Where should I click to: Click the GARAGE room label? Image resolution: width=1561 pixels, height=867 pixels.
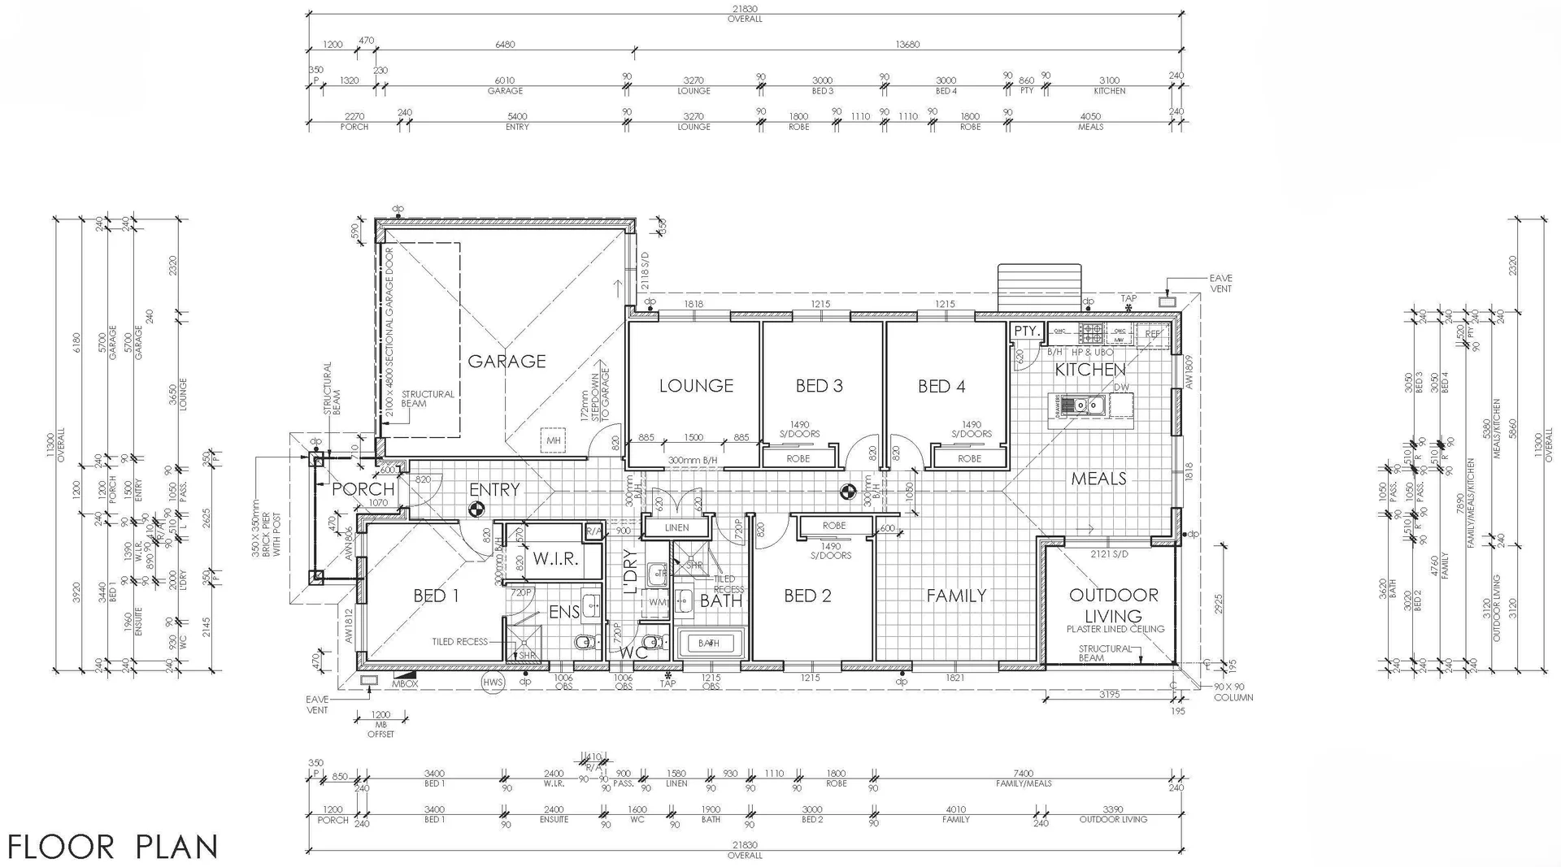coord(507,361)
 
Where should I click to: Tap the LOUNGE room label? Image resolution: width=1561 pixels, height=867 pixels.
coord(696,386)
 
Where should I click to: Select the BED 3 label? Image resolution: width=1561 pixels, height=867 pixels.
coord(819,386)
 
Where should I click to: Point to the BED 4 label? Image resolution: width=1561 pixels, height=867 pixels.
coord(941,386)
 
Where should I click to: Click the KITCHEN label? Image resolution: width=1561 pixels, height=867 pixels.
coord(1089,370)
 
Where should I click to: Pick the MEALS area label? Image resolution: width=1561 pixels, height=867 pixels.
coord(1098,479)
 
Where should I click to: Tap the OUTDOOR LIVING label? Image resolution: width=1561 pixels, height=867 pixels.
coord(1113,605)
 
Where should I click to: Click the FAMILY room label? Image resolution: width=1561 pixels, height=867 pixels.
coord(956,596)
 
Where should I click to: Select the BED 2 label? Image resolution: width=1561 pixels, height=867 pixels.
coord(807,596)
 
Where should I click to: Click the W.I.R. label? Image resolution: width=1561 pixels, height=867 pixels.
coord(555,559)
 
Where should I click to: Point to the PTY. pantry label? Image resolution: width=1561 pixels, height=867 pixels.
coord(1026,331)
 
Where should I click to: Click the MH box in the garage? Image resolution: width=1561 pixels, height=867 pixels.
coord(554,440)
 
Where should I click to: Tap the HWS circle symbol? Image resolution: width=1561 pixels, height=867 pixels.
coord(493,682)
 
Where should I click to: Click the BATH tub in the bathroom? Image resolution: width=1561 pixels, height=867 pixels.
coord(708,643)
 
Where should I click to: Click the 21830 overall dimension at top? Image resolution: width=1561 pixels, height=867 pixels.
coord(745,9)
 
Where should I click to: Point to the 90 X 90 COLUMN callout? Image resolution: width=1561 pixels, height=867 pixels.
coord(1233,692)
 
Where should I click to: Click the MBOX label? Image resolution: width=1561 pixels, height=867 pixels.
coord(404,684)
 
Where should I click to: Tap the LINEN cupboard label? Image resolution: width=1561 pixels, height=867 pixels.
coord(676,527)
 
